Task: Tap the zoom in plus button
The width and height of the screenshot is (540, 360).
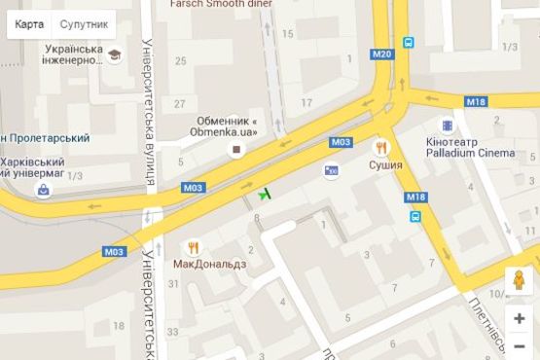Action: click(x=520, y=318)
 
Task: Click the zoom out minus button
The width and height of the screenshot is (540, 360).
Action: click(x=520, y=345)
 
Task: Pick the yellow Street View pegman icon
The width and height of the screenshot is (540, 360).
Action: click(x=520, y=280)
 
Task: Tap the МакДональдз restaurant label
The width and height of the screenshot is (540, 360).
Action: click(x=210, y=264)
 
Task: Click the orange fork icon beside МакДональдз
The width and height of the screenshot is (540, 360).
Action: click(x=193, y=247)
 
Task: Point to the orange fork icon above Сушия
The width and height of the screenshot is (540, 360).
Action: click(x=380, y=148)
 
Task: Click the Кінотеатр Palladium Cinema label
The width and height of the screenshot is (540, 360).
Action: click(x=471, y=147)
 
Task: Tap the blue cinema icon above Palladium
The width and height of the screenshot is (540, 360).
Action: click(x=447, y=126)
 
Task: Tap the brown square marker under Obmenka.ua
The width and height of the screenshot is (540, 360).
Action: click(x=234, y=149)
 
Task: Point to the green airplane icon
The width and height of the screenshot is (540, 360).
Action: click(x=264, y=193)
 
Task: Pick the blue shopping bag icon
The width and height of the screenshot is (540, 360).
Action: click(x=43, y=191)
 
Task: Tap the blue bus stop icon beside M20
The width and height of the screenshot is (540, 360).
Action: click(x=409, y=42)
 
